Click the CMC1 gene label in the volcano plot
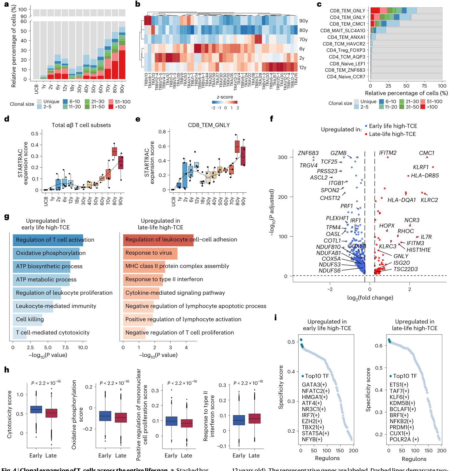pos(426,153)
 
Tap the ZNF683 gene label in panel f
pos(308,153)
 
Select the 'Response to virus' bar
pos(150,253)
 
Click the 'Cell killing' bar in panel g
pos(28,319)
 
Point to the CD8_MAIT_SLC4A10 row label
pos(342,31)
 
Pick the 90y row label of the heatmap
pos(303,21)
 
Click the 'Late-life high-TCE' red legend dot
pos(366,134)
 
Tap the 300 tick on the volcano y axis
pos(282,157)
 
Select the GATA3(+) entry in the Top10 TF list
pos(314,385)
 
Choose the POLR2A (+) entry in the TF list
pos(404,439)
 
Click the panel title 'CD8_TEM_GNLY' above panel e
pos(209,125)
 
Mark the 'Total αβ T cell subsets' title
pos(81,125)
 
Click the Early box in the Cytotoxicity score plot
pos(36,409)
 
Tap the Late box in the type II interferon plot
pos(254,419)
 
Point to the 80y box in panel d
pos(114,152)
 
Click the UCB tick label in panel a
pos(36,89)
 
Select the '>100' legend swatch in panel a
pos(111,107)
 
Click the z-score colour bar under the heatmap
pos(224,102)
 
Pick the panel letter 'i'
pos(275,317)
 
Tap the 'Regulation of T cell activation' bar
pos(48,240)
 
